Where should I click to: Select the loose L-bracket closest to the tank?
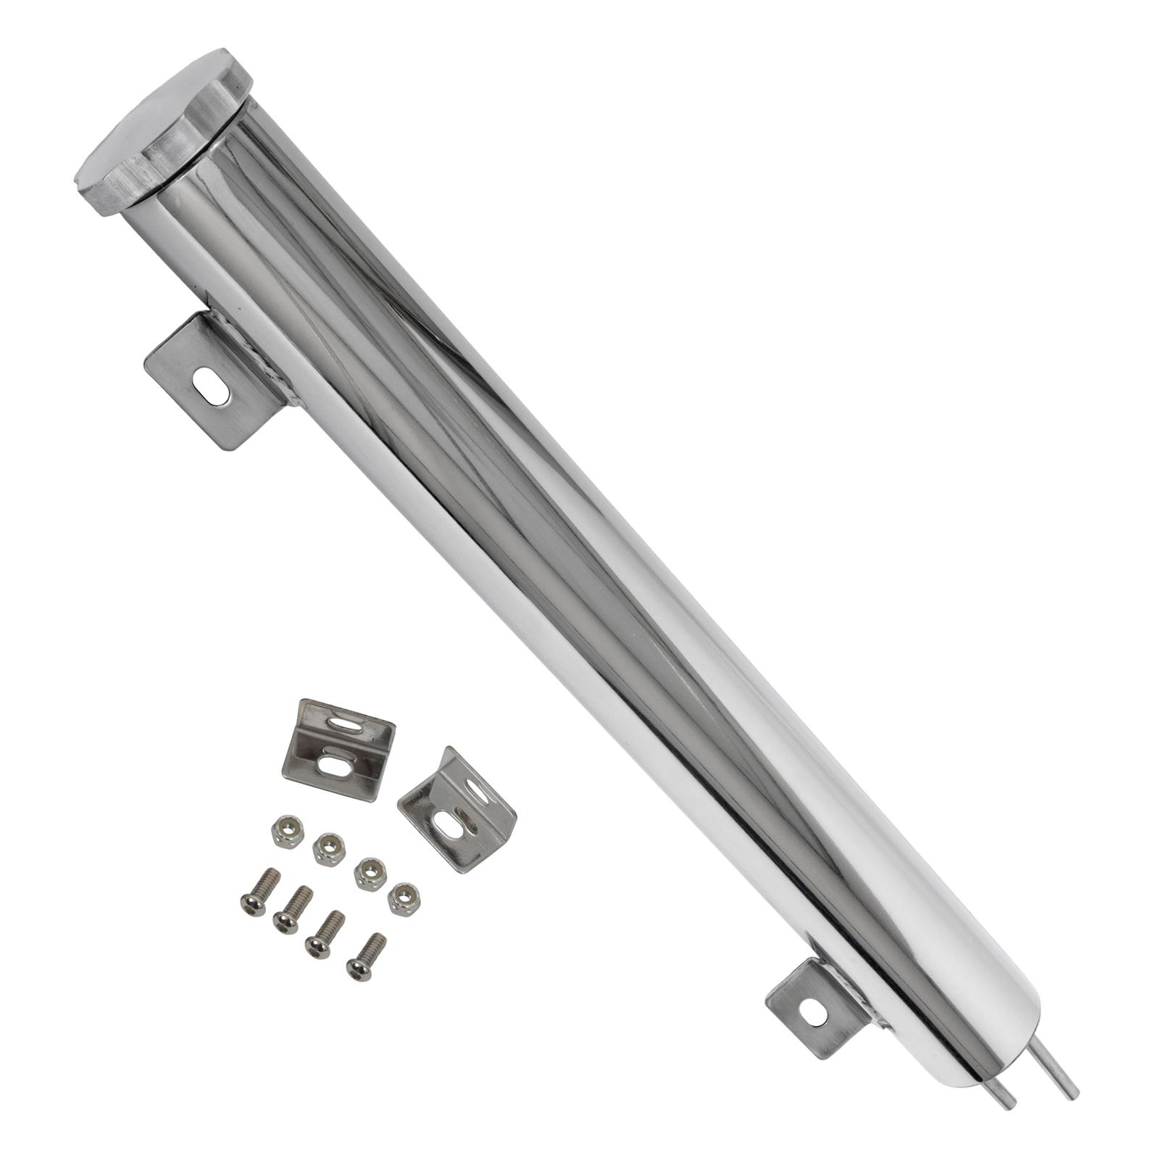click(456, 812)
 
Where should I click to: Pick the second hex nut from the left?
click(328, 848)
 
